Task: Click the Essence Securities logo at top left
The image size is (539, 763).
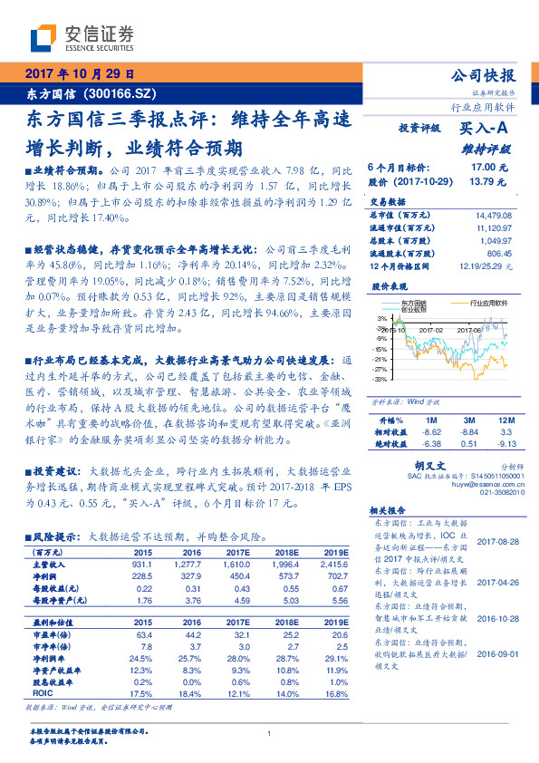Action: click(82, 37)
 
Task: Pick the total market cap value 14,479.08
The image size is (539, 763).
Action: click(494, 214)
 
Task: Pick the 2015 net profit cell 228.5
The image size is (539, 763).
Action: click(142, 575)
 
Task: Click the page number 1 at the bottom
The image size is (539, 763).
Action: click(270, 734)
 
